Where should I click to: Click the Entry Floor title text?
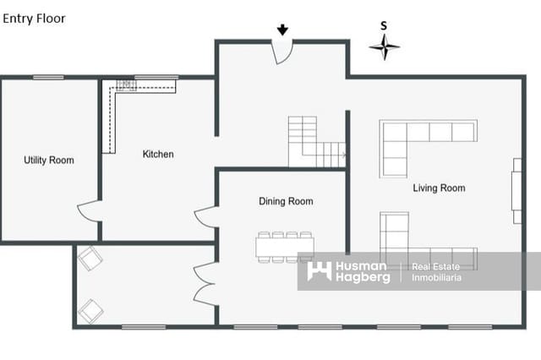(34, 19)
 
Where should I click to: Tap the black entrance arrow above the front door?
(282, 30)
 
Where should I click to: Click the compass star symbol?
(385, 46)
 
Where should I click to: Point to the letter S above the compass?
(384, 26)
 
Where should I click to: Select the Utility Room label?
(49, 160)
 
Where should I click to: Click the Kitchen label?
(158, 154)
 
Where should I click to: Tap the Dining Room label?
(286, 201)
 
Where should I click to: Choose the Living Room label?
(439, 188)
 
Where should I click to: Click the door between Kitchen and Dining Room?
(206, 217)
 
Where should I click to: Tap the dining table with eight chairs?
(285, 247)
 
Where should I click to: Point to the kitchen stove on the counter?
(126, 85)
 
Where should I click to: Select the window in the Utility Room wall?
(48, 78)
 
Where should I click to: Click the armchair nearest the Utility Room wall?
(90, 259)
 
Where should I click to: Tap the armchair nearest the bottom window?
(90, 311)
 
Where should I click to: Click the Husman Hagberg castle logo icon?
(320, 270)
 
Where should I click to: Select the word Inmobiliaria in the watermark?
(436, 277)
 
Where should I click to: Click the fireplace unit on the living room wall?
(516, 191)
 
